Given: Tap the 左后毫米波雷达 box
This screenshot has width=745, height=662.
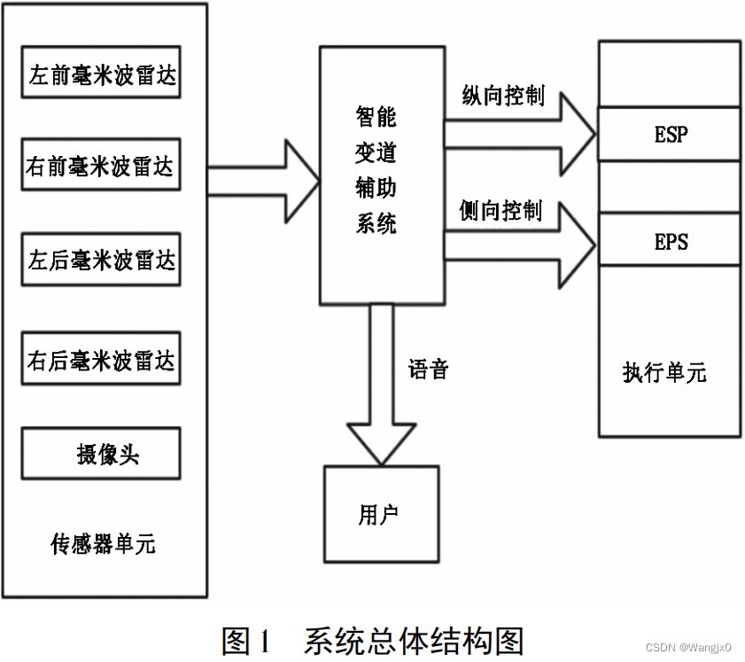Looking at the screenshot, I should (x=102, y=260).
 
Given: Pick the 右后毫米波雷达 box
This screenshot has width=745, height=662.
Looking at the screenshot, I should (x=102, y=359).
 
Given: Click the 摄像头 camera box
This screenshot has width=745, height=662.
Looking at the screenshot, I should (x=102, y=454).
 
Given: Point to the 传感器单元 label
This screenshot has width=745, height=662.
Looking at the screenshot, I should (x=104, y=542).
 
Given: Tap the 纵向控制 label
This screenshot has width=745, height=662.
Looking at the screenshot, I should (x=502, y=96).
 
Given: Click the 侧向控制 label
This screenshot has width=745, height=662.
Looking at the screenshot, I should (x=501, y=211).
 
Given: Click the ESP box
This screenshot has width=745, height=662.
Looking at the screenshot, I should (x=670, y=134).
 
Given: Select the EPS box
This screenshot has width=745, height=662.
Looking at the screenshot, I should (x=670, y=240).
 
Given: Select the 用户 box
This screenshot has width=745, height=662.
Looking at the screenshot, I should (x=382, y=514).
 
